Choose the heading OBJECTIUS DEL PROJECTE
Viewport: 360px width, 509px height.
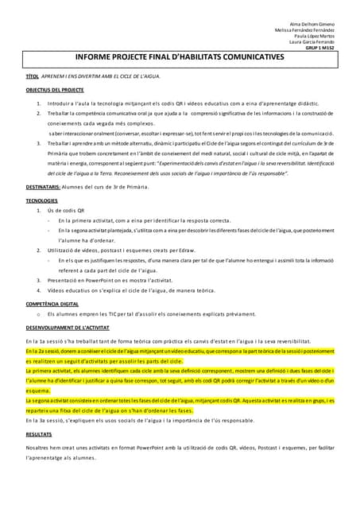coord(55,91)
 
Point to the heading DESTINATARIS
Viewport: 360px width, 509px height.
coord(43,186)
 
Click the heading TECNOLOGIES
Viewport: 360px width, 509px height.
coord(41,200)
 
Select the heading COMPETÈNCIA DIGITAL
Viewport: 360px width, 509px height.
coord(52,304)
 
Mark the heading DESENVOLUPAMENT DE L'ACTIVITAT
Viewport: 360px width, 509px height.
coord(67,327)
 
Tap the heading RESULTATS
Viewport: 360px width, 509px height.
coord(39,434)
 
